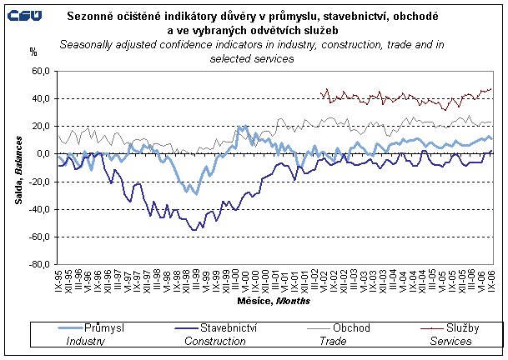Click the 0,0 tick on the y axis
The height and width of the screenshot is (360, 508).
tap(43, 154)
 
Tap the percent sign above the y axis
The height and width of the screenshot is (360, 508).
tap(33, 52)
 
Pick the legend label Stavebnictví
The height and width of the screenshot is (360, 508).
tap(225, 328)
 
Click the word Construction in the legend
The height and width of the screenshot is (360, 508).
tap(208, 341)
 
